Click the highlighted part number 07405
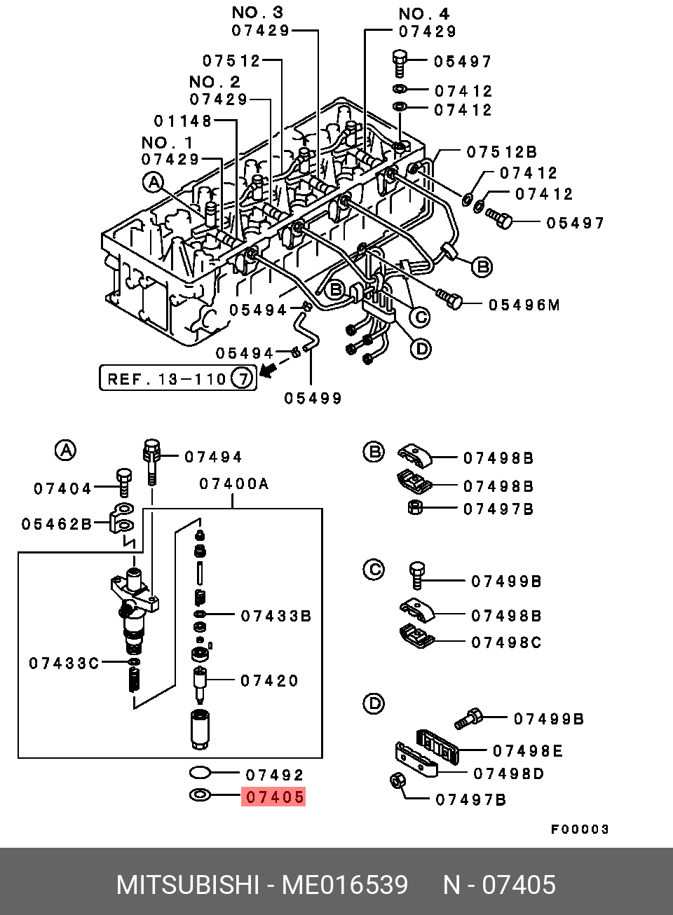point(274,797)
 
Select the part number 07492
point(274,775)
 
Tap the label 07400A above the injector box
point(233,483)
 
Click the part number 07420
point(269,680)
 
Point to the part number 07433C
point(64,663)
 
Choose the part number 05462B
point(56,524)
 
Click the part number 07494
point(213,457)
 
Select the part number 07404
point(62,488)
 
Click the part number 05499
point(313,399)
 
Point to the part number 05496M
point(524,305)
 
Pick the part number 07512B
point(502,152)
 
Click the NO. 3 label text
point(257,12)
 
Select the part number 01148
point(184,121)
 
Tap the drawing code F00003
point(579,830)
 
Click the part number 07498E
point(527,751)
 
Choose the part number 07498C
point(506,642)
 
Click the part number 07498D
point(509,773)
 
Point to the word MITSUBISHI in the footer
point(187,886)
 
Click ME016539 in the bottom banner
point(344,886)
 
